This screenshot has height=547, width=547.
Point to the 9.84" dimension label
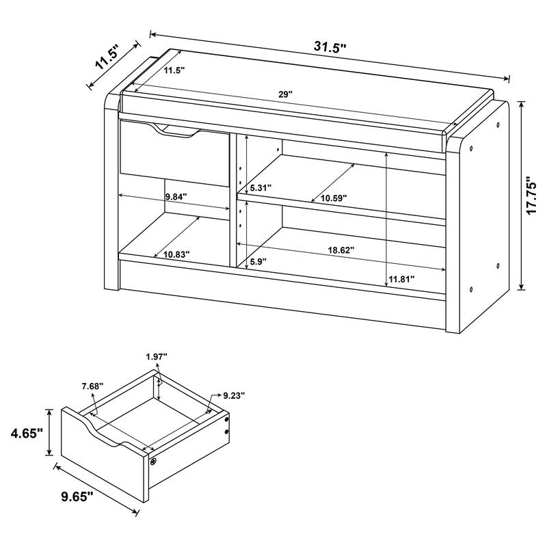pyautogui.click(x=176, y=197)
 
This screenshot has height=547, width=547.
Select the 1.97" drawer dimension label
pyautogui.click(x=157, y=356)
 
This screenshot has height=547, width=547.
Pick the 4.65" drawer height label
pyautogui.click(x=27, y=433)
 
